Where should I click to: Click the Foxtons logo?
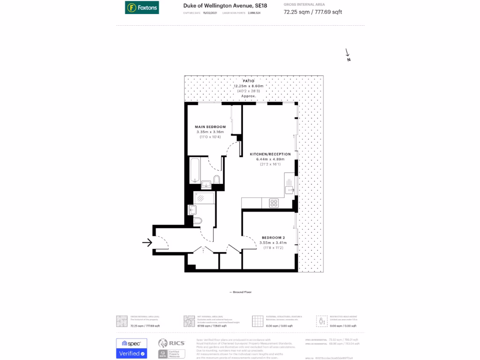tap(142, 7)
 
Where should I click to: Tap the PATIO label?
tap(248, 81)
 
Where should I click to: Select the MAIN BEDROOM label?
tap(210, 127)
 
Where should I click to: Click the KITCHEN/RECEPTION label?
tap(270, 154)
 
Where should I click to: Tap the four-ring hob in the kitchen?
tap(273, 203)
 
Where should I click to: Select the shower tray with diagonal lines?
tap(204, 198)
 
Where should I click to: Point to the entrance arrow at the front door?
tap(147, 242)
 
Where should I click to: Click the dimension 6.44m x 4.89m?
tap(270, 159)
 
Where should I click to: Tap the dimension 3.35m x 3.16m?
tap(210, 132)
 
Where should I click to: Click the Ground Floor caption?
tap(240, 292)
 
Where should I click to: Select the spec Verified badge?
tap(131, 348)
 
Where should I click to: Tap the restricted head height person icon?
tap(322, 321)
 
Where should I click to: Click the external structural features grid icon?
tap(257, 321)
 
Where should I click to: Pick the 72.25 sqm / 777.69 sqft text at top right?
tap(313, 12)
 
